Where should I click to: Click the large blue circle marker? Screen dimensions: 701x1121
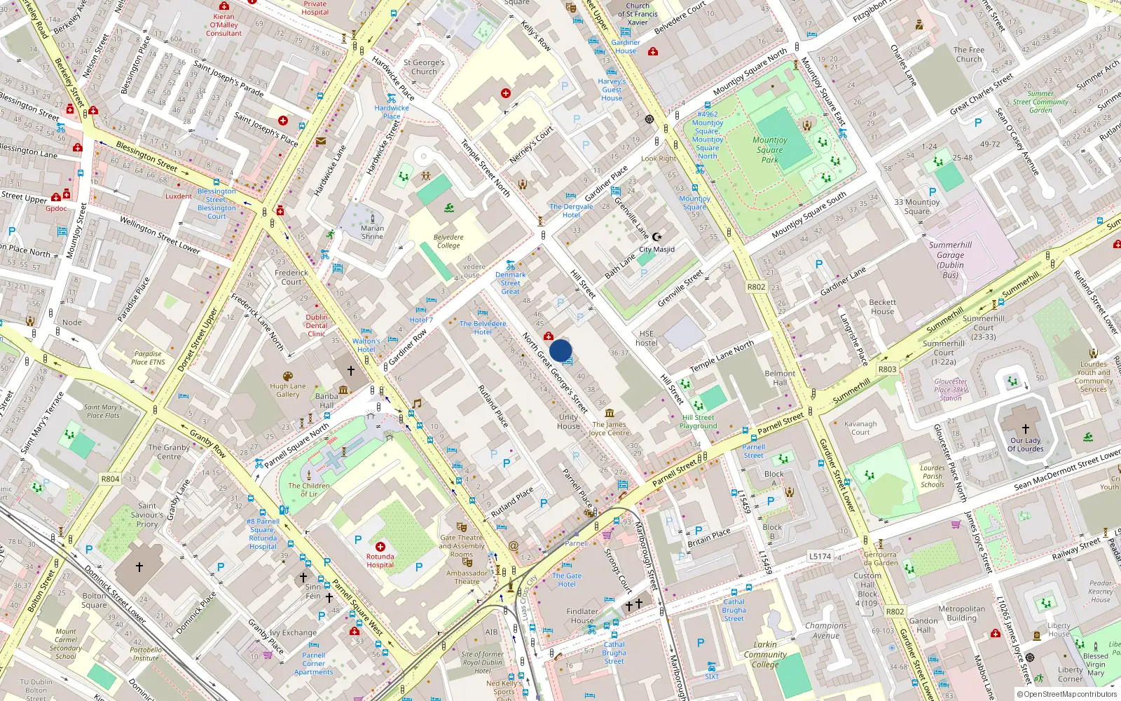[x=560, y=350]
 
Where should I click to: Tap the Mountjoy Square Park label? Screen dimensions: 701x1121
[x=770, y=150]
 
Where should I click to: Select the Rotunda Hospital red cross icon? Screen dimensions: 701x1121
[x=380, y=547]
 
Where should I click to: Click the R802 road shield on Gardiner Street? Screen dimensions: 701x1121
[x=756, y=287]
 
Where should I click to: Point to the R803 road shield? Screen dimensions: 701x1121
[x=887, y=369]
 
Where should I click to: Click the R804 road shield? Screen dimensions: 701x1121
[x=110, y=479]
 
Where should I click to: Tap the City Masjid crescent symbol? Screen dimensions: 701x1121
[x=656, y=238]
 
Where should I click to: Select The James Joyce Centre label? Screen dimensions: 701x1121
[x=609, y=428]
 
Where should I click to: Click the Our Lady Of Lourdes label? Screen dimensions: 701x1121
[x=1025, y=444]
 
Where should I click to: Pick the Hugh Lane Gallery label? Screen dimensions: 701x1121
[x=288, y=390]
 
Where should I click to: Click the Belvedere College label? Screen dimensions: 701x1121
[x=448, y=241]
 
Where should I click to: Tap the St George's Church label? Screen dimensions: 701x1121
[x=424, y=67]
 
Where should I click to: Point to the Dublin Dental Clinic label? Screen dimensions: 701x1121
[x=316, y=325]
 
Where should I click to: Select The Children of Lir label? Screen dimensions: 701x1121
[x=308, y=489]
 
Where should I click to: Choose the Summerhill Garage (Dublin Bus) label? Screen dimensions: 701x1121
[x=950, y=259]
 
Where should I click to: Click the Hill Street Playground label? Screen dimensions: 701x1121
[x=698, y=421]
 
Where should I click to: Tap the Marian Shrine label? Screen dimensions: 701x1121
[x=372, y=232]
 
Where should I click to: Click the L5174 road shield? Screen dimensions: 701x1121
[x=820, y=556]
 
